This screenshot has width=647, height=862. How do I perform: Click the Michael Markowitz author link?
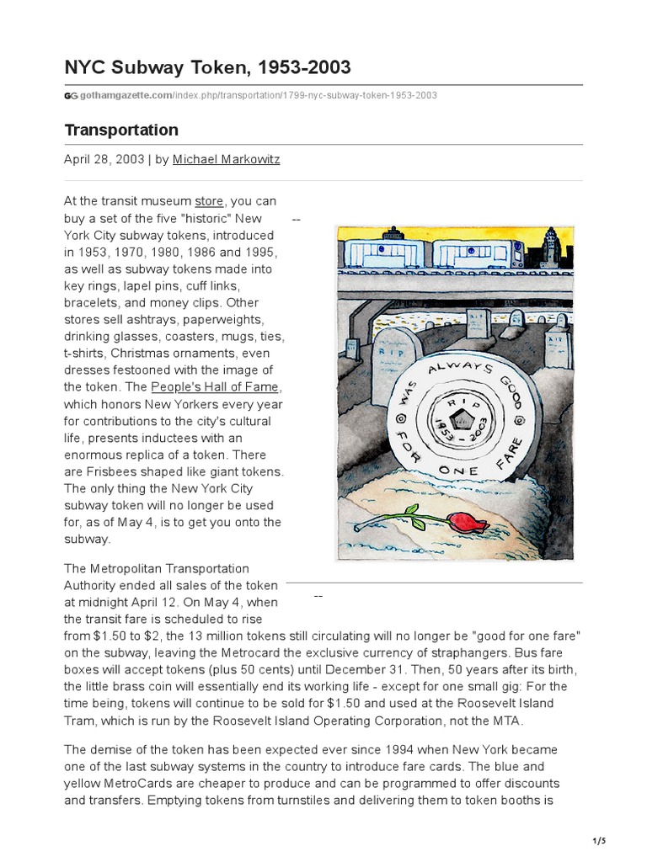pos(226,159)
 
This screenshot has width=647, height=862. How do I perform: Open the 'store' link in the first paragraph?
pos(210,201)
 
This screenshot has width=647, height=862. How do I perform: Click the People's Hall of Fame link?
pos(215,387)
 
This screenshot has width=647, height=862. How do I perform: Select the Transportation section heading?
pos(121,130)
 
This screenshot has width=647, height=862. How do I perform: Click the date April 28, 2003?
pos(104,159)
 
